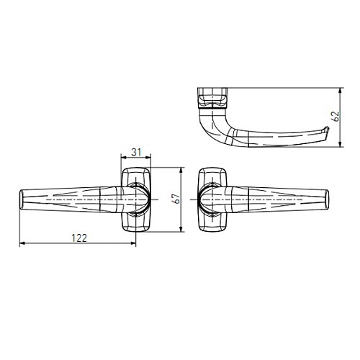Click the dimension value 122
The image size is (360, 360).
tap(79, 238)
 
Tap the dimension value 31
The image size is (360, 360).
tap(136, 152)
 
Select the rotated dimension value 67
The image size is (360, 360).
tap(177, 199)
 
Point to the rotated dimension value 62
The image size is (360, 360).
tap(336, 117)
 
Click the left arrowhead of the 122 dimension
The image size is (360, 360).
tap(22, 243)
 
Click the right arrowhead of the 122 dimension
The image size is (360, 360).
tap(133, 243)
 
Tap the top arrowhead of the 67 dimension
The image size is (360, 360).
tap(181, 170)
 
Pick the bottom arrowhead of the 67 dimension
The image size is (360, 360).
tap(181, 229)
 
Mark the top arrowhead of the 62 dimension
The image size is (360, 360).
tap(340, 91)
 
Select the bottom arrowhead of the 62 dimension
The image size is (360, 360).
tap(340, 144)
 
